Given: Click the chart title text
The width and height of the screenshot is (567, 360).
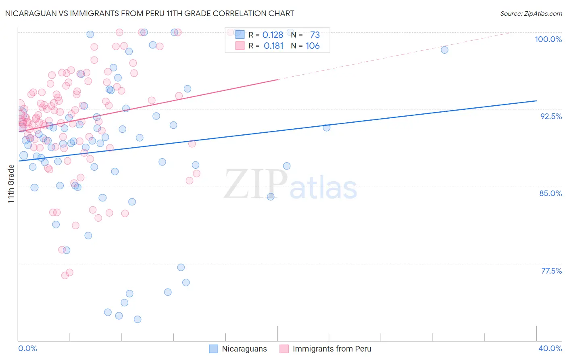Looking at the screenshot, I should click(x=150, y=13).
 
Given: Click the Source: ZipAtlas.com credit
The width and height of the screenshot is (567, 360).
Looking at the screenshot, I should click(x=531, y=13).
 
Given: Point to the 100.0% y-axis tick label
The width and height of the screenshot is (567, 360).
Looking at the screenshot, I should click(x=548, y=39).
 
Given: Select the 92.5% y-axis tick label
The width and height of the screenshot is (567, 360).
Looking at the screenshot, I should click(x=551, y=116).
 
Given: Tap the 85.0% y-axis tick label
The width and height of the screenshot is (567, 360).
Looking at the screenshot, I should click(x=550, y=193).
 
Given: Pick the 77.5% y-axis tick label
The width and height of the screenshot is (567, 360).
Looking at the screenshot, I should click(x=551, y=271).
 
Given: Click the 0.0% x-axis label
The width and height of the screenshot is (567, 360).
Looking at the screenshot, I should click(x=27, y=348).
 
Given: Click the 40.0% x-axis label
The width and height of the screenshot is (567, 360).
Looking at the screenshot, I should click(x=550, y=348).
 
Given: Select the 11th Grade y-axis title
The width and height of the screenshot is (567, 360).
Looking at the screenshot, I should click(x=11, y=184).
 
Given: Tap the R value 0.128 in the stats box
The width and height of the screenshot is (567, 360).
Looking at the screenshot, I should click(x=273, y=35).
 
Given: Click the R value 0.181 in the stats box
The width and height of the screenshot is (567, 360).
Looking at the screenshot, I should click(x=273, y=46).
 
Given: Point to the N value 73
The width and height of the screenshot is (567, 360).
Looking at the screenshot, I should click(x=315, y=35).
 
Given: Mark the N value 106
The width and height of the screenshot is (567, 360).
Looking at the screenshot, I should click(x=313, y=46).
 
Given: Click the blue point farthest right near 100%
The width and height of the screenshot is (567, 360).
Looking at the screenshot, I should click(x=444, y=50).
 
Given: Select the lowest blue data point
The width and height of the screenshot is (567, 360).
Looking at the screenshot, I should click(x=138, y=319).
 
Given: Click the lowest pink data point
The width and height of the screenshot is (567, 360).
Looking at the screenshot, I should click(x=65, y=275).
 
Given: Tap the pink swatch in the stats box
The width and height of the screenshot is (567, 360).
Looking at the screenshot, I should click(x=240, y=46).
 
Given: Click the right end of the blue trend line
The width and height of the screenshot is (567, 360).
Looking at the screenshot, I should click(x=536, y=100).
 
